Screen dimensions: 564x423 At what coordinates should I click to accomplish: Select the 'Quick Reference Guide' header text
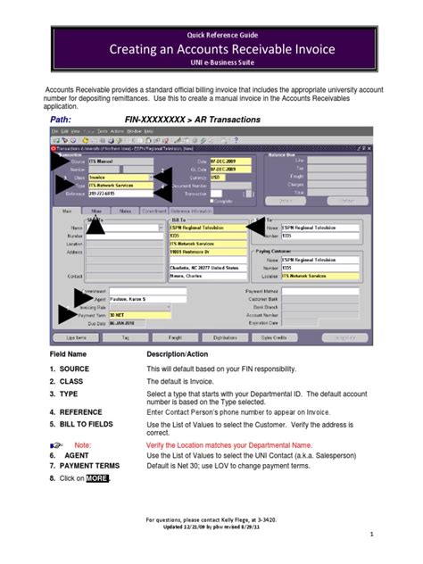tap(211, 33)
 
